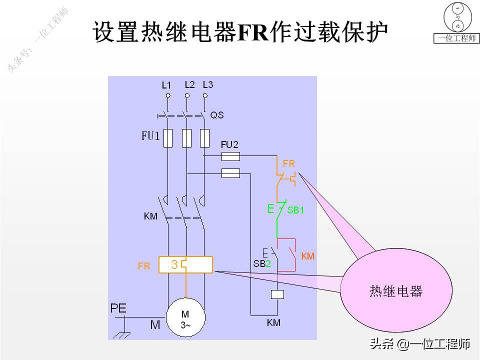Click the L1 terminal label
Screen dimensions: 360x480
166,85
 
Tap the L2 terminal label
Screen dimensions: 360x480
189,84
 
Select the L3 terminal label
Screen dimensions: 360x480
208,84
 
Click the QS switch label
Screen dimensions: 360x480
216,115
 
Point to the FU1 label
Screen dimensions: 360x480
150,136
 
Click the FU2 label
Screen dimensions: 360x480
229,145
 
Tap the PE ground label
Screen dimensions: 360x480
118,308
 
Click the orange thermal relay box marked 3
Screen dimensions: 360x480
185,264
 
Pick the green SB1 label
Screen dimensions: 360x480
295,210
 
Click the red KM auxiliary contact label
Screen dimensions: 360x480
308,256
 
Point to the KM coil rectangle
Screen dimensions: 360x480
277,294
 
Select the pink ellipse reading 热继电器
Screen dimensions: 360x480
396,291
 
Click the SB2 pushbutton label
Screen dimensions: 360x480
262,263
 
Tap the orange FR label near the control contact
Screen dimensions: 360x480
288,163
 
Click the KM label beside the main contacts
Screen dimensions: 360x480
150,216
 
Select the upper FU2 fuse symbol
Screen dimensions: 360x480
230,156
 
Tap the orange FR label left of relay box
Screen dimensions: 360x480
144,266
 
